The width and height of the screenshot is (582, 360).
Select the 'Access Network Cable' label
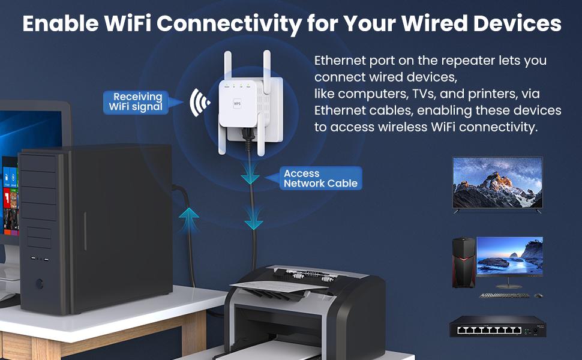320,178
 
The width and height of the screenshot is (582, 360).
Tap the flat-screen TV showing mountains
497,182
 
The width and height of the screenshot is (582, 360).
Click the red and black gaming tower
463,262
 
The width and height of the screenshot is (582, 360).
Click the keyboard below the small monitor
505,296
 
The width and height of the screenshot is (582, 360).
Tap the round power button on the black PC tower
40,283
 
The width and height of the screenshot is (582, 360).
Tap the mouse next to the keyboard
538,296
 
